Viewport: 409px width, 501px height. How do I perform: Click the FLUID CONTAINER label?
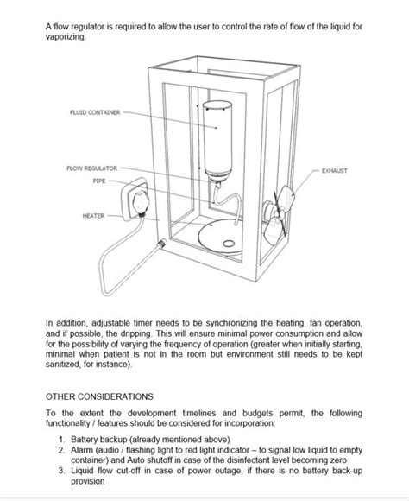coord(95,112)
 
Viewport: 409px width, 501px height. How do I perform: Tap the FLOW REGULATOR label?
coord(92,168)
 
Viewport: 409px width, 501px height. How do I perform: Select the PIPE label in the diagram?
coord(99,181)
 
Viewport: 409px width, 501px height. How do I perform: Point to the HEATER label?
coord(93,216)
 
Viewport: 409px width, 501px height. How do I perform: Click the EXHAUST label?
coord(335,171)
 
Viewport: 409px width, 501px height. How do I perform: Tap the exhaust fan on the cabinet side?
coord(277,215)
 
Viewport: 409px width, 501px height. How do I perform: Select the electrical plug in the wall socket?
coord(141,203)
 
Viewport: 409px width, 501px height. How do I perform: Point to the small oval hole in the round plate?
coord(229,244)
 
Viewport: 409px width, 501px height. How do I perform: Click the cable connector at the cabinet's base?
coord(161,244)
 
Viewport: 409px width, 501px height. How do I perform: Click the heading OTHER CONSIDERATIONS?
coord(99,396)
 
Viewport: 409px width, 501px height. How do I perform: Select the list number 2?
coord(61,450)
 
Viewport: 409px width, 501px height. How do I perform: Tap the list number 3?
coord(61,471)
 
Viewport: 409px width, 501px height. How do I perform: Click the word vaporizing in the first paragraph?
coord(66,37)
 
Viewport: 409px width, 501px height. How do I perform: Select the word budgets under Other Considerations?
coord(257,413)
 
